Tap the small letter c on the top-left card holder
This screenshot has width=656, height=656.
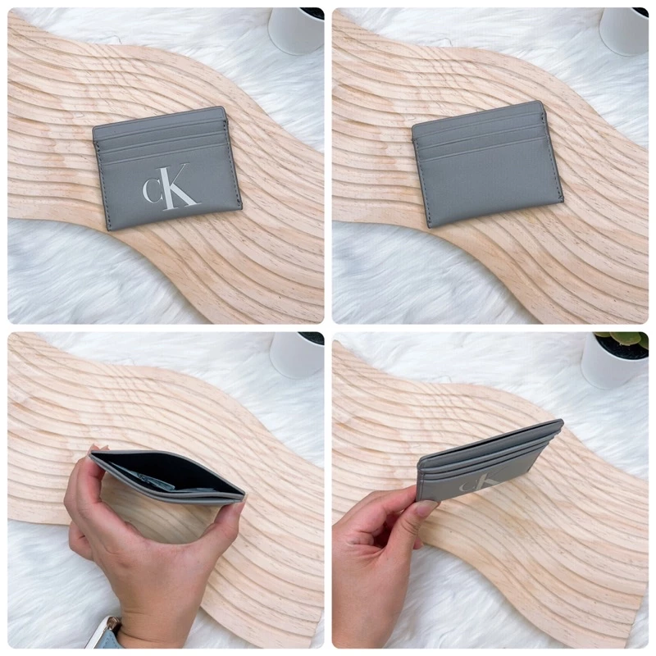[152, 189]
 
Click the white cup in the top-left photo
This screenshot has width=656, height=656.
[296, 30]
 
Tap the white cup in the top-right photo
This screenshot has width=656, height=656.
[624, 31]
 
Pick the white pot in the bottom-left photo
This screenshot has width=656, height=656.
[297, 355]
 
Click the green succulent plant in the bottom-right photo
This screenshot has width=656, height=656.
[622, 339]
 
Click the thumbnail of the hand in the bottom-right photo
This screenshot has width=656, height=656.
[426, 508]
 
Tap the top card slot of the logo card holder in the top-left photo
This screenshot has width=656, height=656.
[160, 127]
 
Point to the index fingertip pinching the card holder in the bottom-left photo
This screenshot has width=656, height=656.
[95, 451]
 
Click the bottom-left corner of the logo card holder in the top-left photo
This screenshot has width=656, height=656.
[108, 230]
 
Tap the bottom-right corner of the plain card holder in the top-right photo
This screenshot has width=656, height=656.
[563, 200]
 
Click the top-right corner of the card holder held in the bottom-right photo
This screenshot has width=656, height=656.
[561, 420]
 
